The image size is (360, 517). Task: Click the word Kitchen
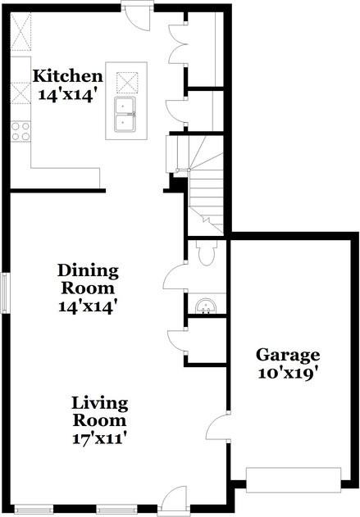(x=68, y=76)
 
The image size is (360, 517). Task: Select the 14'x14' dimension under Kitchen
(x=68, y=93)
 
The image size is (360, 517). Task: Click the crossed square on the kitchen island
(x=127, y=83)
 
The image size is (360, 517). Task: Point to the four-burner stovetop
(x=21, y=129)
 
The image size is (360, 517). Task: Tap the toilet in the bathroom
(x=206, y=255)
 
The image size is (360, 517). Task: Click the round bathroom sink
(x=205, y=306)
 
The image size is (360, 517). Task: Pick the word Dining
(x=88, y=270)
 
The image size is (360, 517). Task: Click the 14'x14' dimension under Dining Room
(x=88, y=306)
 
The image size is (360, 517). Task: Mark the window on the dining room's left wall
(x=5, y=293)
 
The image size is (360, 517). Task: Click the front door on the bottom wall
(x=173, y=500)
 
